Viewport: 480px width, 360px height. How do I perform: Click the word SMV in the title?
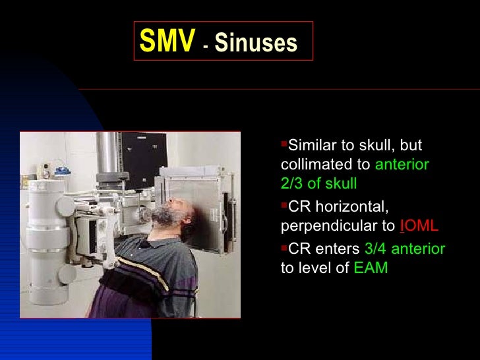pyautogui.click(x=167, y=42)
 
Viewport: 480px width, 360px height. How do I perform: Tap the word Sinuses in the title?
pyautogui.click(x=256, y=44)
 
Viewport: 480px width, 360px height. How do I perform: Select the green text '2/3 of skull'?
pyautogui.click(x=318, y=184)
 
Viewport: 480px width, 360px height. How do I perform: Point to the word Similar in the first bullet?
pyautogui.click(x=313, y=145)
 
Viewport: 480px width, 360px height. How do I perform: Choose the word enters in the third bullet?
pyautogui.click(x=340, y=249)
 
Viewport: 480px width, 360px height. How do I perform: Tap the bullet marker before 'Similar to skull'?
pyautogui.click(x=284, y=144)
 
